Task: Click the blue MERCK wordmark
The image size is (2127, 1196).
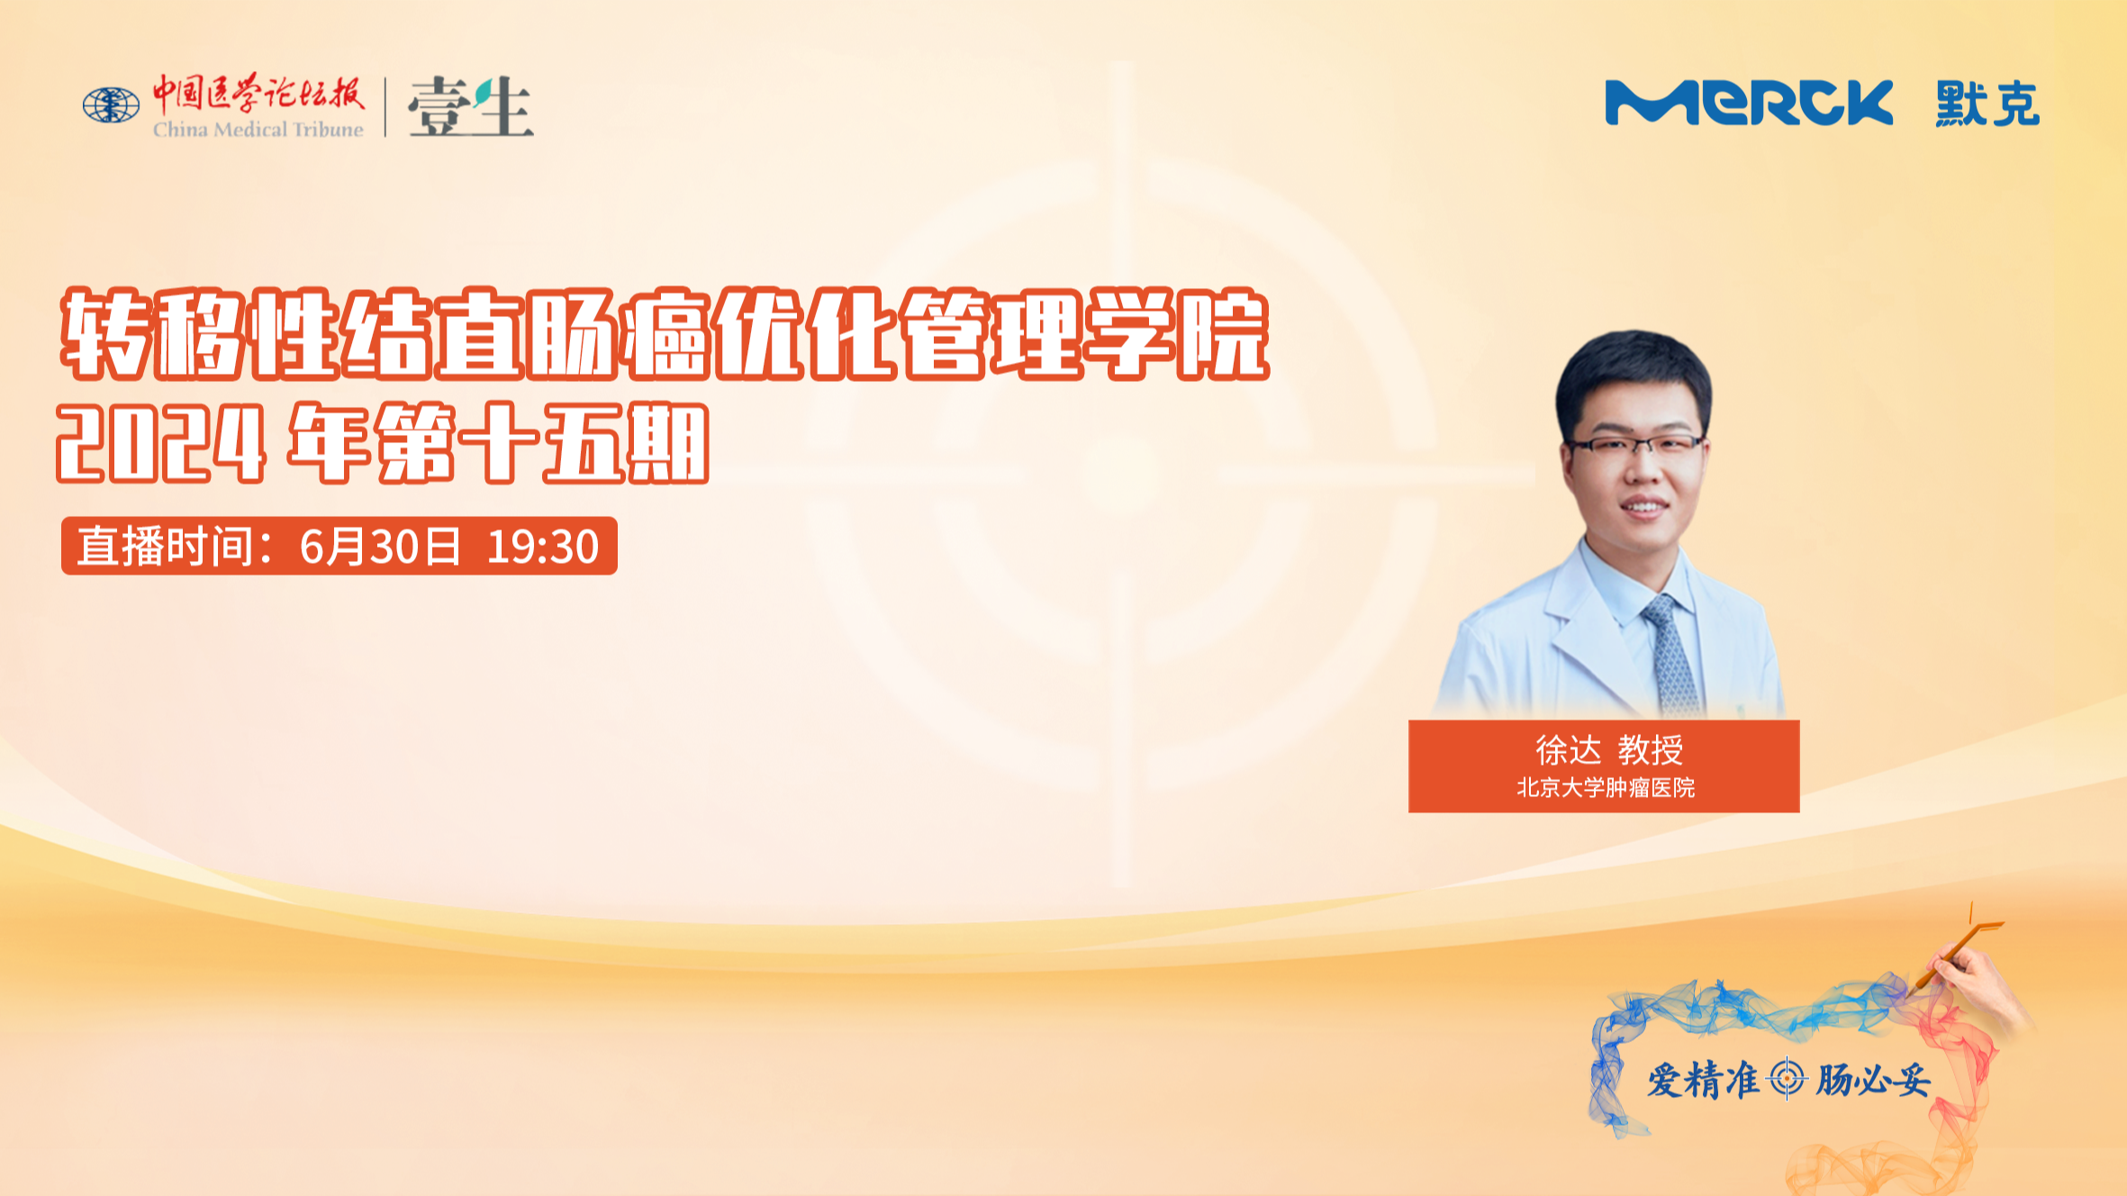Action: pos(1749,103)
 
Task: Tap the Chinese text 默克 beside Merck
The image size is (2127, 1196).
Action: pos(1987,104)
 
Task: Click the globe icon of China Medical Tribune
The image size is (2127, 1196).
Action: pos(111,104)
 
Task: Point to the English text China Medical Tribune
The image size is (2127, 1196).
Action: pos(258,130)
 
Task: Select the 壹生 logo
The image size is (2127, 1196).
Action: pos(470,106)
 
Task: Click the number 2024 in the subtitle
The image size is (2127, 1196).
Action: pos(161,443)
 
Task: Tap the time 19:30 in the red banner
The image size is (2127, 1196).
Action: pos(543,547)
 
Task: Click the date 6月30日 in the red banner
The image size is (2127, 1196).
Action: pos(380,547)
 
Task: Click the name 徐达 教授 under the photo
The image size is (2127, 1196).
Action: pos(1609,749)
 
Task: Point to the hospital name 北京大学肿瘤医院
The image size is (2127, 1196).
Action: pos(1606,788)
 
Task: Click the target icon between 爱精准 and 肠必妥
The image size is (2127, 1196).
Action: pos(1787,1079)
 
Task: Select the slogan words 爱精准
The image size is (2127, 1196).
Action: pos(1703,1080)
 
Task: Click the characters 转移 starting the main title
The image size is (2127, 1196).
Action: pos(153,334)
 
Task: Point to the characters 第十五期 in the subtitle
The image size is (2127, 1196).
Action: pos(543,443)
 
